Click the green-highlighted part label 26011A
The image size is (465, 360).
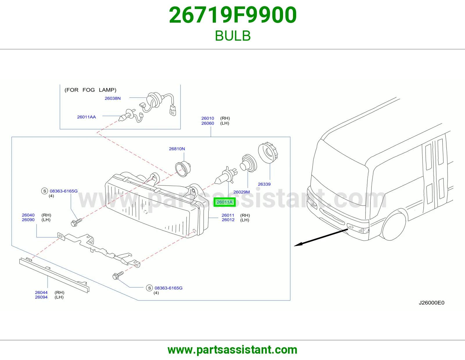[224, 202]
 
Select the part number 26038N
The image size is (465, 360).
[112, 98]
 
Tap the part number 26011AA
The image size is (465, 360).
[86, 117]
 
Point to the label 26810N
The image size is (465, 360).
[177, 149]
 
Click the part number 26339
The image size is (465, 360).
[264, 184]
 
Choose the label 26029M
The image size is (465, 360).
[242, 192]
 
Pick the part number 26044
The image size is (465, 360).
[41, 292]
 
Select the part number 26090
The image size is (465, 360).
[28, 220]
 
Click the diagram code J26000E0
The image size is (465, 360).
[431, 303]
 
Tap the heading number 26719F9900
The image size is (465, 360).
[233, 15]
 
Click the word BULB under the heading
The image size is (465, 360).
[233, 36]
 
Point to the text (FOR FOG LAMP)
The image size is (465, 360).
[90, 90]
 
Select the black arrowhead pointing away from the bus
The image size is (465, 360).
[298, 244]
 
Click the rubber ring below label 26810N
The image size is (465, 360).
[183, 169]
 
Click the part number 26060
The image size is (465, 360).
[208, 123]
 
